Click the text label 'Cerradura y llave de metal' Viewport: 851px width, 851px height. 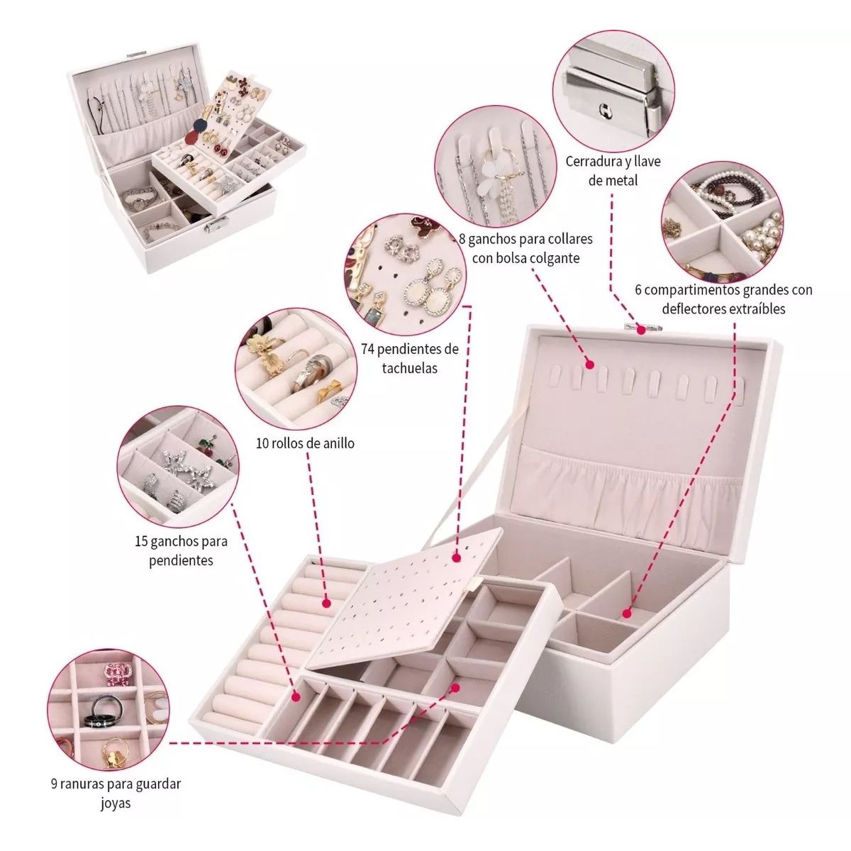click(613, 170)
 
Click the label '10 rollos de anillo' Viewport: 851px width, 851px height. click(305, 444)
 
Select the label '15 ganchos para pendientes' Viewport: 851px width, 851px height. click(181, 551)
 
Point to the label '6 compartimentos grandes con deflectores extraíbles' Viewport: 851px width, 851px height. click(723, 299)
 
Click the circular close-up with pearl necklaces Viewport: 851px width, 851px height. click(722, 227)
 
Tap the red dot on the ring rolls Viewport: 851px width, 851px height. click(327, 604)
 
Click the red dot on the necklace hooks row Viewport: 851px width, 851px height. click(589, 365)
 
